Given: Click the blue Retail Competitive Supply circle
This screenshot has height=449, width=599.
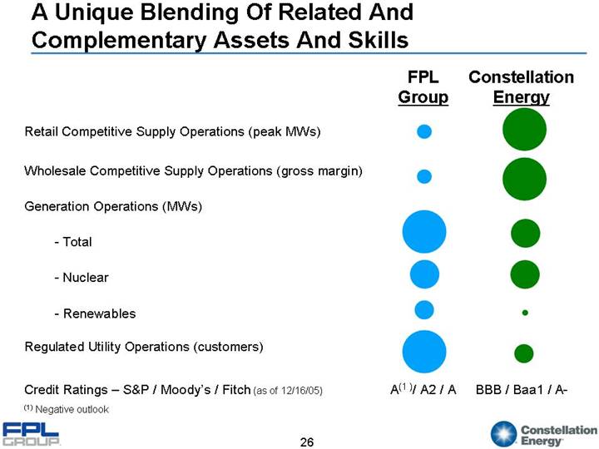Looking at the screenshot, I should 424,131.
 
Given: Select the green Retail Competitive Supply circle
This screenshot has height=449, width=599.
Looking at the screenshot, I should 525,131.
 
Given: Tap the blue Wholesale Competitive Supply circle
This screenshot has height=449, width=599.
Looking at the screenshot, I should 424,175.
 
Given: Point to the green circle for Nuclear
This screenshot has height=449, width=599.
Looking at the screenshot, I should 525,273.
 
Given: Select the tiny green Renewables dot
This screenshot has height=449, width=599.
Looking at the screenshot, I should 525,313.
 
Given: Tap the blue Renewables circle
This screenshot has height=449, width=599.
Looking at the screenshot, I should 424,309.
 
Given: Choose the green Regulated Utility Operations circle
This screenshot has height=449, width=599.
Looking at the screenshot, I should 524,353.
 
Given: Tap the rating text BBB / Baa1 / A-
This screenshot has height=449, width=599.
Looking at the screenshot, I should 522,389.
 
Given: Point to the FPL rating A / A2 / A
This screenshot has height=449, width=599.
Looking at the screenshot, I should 423,389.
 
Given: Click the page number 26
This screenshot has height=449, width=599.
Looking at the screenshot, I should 307,442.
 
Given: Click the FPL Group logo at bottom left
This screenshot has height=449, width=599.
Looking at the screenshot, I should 31,434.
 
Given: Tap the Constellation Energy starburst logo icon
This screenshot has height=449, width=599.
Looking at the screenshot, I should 504,434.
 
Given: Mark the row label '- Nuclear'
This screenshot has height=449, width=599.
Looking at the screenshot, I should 80,277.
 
